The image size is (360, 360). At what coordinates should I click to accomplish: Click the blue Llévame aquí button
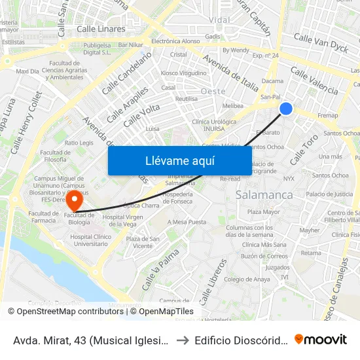[x=179, y=160]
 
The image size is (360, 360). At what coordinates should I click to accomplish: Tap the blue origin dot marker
[x=286, y=109]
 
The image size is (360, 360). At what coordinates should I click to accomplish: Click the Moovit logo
[x=321, y=339]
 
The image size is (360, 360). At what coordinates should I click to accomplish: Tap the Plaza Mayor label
[x=263, y=211]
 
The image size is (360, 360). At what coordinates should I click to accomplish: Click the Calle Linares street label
[x=101, y=29]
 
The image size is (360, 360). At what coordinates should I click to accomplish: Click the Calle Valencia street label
[x=314, y=81]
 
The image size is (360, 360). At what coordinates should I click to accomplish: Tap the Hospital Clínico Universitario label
[x=89, y=240]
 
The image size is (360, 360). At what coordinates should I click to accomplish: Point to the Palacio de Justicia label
[x=329, y=194]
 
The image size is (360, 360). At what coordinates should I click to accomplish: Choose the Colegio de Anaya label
[x=247, y=279]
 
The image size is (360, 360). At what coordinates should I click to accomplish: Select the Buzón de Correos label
[x=264, y=256]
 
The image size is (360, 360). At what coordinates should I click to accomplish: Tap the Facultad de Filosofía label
[x=55, y=156]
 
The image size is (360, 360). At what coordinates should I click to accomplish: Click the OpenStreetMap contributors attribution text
[x=65, y=312]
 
